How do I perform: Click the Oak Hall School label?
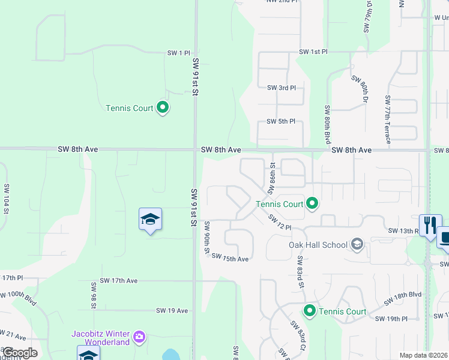[x=318, y=244]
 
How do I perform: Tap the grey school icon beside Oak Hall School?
[x=357, y=244]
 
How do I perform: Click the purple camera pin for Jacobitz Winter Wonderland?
[x=140, y=337]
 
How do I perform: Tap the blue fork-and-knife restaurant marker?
[x=430, y=226]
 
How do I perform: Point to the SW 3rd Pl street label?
[x=282, y=88]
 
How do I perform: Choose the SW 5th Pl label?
[x=282, y=121]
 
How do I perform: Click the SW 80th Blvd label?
[x=328, y=124]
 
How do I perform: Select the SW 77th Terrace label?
[x=388, y=119]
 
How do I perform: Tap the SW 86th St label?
[x=271, y=178]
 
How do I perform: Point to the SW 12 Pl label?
[x=280, y=222]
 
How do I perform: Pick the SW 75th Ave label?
[x=230, y=259]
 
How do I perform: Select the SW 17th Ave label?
[x=119, y=280]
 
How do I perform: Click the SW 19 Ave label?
[x=172, y=310]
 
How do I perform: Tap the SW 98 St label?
[x=94, y=293]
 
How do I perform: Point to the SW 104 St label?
[x=6, y=199]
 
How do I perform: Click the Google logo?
[x=20, y=352]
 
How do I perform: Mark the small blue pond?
[x=170, y=355]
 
